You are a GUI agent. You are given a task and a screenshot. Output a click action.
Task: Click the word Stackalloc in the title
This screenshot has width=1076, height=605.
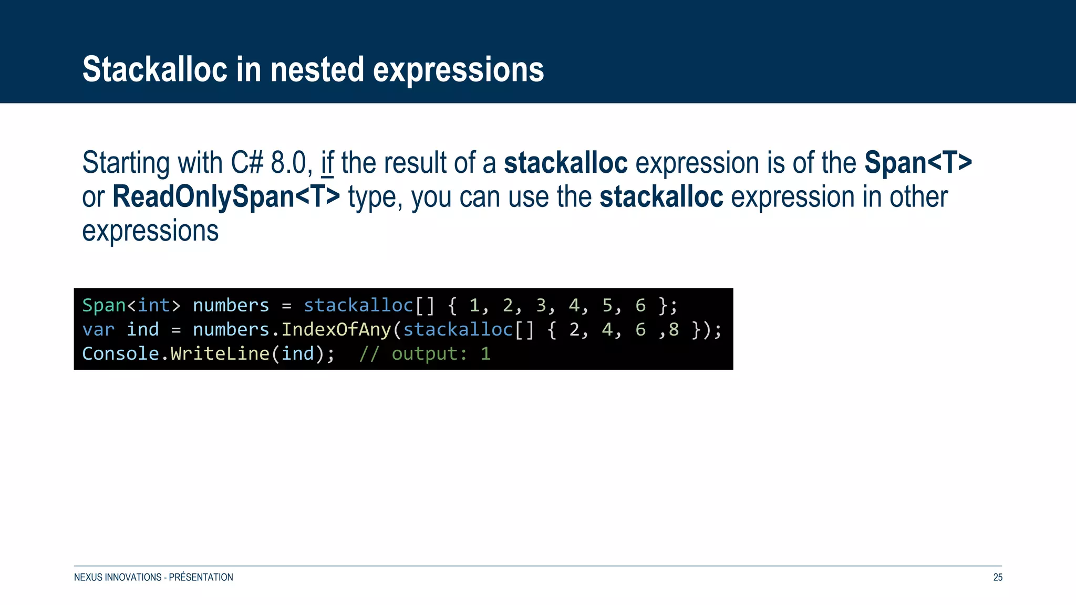(155, 69)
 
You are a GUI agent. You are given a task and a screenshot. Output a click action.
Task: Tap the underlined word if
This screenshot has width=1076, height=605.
(327, 163)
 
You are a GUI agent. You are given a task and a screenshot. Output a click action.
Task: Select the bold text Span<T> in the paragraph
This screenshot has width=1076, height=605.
(918, 163)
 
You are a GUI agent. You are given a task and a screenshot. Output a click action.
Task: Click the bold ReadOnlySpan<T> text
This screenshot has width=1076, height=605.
(226, 197)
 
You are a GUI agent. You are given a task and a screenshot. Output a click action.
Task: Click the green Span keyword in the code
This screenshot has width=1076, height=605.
(104, 305)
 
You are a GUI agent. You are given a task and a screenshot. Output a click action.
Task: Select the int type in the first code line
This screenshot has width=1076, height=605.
(153, 305)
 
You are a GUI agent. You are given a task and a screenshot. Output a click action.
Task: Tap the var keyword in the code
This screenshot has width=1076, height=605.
(98, 329)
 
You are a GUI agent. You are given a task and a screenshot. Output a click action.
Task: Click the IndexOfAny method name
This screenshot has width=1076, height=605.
(336, 329)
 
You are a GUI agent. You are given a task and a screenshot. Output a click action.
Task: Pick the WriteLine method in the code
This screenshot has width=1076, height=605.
(220, 353)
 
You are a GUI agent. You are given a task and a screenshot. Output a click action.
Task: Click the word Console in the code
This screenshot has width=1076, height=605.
(120, 353)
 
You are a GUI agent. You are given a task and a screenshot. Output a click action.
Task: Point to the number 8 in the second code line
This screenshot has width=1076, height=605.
(674, 329)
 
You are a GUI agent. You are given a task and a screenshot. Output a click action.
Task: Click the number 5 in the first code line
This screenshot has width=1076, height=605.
(607, 305)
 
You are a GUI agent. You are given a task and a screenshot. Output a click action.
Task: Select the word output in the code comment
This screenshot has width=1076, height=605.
(425, 353)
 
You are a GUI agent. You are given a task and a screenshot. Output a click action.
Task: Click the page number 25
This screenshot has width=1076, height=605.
(997, 577)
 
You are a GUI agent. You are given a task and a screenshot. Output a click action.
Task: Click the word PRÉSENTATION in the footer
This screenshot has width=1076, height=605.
(201, 577)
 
